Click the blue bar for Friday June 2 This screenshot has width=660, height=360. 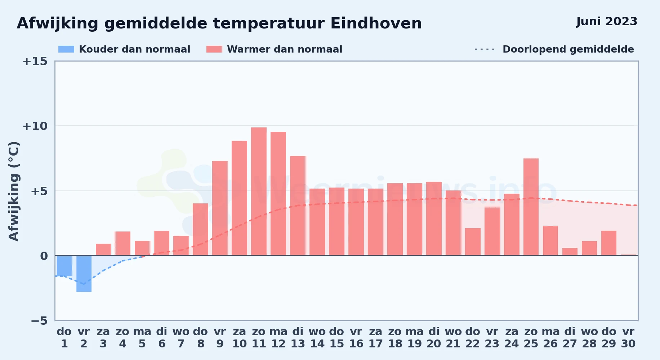tap(84, 274)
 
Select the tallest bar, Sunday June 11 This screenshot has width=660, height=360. tap(259, 192)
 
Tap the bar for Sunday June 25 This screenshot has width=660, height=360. tap(531, 207)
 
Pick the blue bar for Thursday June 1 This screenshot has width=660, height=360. tap(64, 266)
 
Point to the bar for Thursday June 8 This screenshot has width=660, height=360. tap(201, 229)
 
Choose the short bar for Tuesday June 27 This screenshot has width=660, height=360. tap(570, 252)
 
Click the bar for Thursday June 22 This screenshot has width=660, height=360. tap(473, 242)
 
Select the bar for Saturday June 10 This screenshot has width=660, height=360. tap(240, 198)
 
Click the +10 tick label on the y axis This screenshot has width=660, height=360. tap(35, 126)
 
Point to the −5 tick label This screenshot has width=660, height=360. tap(39, 320)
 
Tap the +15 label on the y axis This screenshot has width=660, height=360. tap(35, 61)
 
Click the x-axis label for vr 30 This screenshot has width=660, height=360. tap(628, 337)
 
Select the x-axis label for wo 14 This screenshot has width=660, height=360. tap(317, 337)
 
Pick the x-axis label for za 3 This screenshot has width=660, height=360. tap(103, 337)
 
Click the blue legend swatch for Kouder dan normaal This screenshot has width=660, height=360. tap(66, 49)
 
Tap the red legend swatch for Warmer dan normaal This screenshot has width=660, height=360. tap(214, 49)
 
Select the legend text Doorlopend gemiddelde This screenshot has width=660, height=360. tap(568, 49)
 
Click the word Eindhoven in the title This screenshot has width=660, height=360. tap(376, 23)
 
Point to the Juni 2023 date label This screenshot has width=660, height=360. tap(607, 21)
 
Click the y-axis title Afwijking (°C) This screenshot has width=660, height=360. tap(14, 191)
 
